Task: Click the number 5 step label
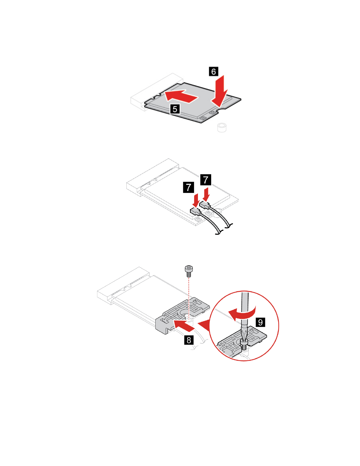coord(175,109)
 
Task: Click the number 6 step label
coord(214,71)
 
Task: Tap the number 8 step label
coord(189,340)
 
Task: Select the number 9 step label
coord(260,322)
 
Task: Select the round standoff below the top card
coord(222,128)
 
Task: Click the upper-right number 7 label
coord(206,180)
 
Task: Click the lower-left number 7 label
coord(189,187)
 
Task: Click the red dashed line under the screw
coord(189,297)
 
